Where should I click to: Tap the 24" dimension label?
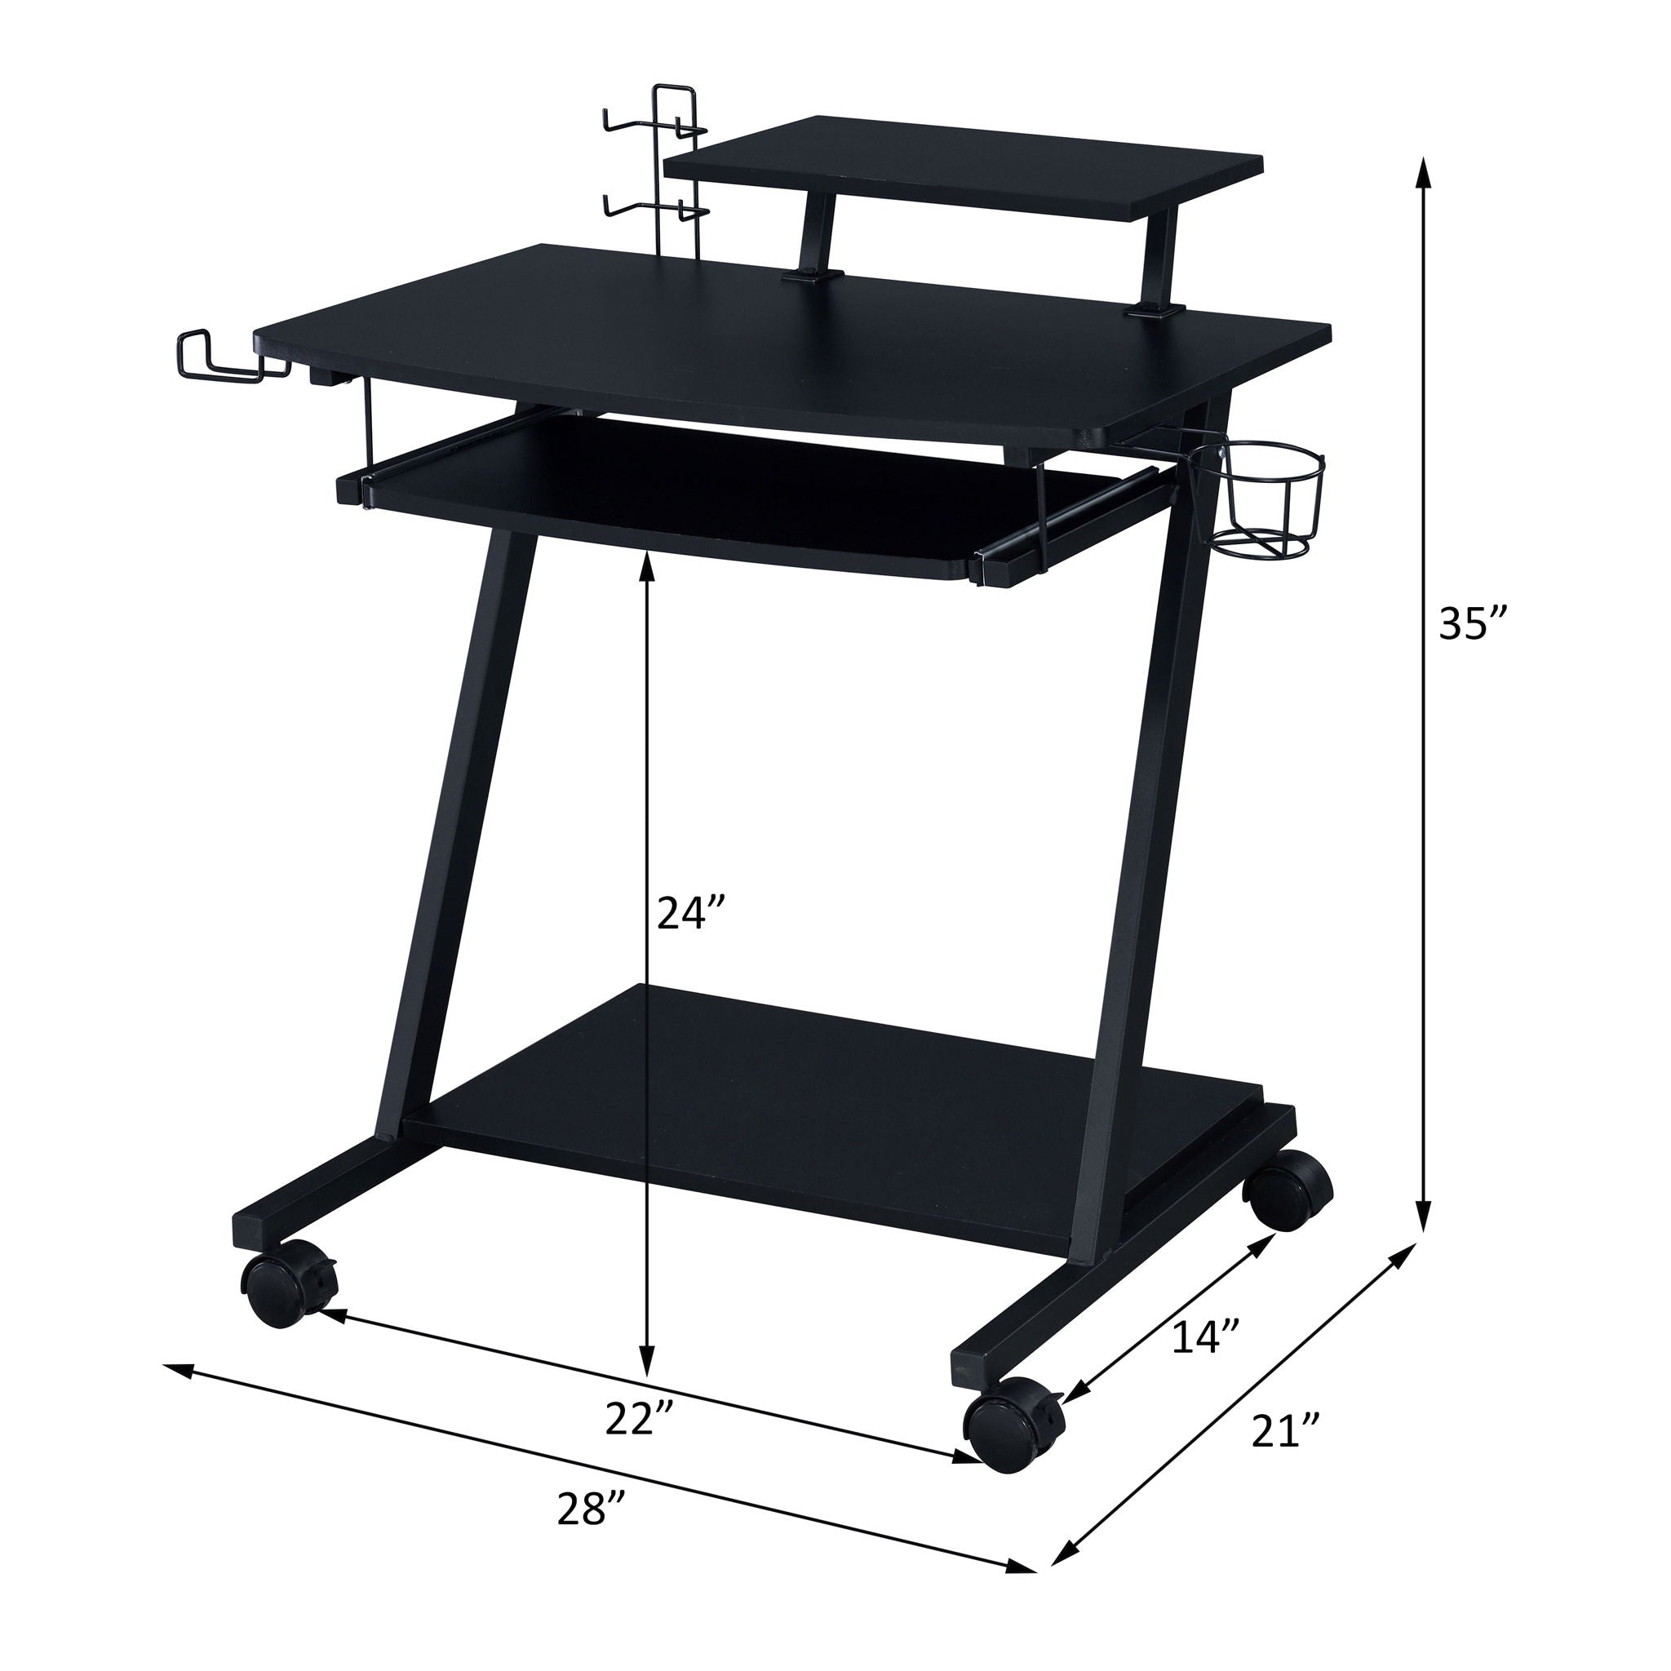pos(689,911)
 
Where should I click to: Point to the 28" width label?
pos(591,1509)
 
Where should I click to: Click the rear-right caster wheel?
pos(1287,1190)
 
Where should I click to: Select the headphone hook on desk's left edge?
pos(220,359)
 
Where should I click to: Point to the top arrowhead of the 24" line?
pos(647,563)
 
